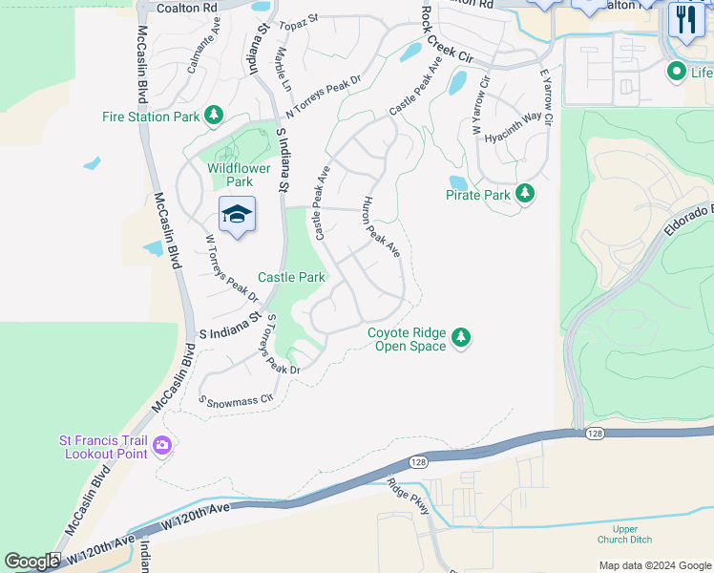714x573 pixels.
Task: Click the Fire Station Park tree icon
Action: point(214,117)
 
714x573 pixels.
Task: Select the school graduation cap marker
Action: point(237,215)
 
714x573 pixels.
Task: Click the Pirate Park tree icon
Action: point(524,194)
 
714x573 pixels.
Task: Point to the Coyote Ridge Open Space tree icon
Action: point(461,338)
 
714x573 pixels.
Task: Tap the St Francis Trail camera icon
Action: point(161,445)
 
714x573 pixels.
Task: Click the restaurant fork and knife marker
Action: point(685,18)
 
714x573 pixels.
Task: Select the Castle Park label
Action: point(291,278)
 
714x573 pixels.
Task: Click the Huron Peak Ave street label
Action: point(380,227)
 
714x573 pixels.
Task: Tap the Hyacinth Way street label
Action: point(513,125)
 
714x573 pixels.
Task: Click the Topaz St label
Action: point(298,22)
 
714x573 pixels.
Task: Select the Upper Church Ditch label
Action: point(625,534)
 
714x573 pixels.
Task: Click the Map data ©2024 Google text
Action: point(654,565)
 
